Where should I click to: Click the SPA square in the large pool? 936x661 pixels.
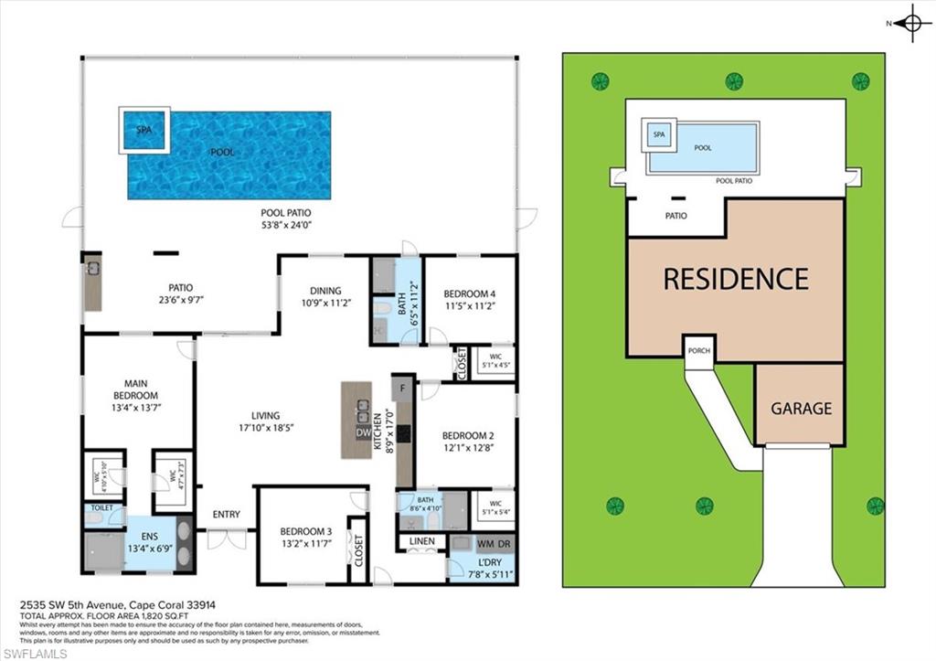tap(144, 130)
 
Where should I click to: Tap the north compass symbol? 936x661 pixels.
tap(911, 23)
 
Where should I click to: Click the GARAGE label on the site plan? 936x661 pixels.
tap(801, 409)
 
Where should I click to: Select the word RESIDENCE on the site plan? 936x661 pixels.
tap(736, 278)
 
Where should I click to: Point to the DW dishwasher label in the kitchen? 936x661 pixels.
tap(363, 432)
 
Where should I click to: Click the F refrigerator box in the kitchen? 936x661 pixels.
tap(403, 388)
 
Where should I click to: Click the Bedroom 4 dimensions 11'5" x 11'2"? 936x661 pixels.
tap(469, 307)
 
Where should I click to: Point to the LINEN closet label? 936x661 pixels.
tap(421, 542)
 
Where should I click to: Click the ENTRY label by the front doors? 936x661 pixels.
tap(226, 515)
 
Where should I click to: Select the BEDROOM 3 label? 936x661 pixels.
tap(305, 531)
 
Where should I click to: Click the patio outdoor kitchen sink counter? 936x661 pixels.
tap(92, 284)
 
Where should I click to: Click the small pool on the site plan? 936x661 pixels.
tap(702, 148)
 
